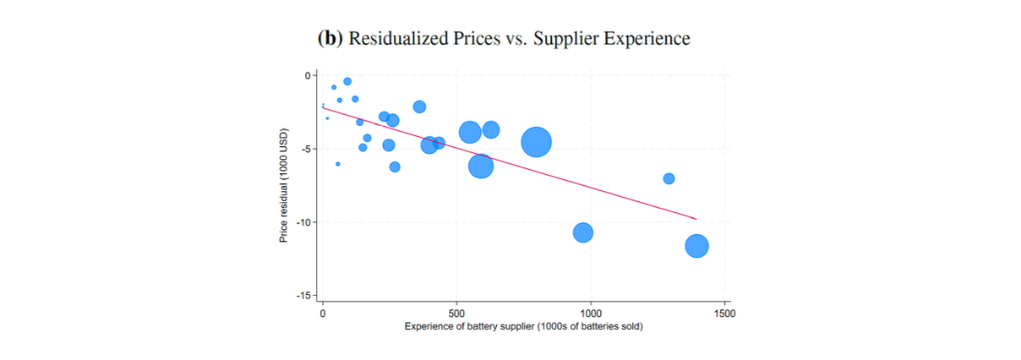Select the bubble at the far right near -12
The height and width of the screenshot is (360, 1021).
(x=696, y=246)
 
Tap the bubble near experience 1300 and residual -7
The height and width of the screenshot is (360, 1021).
(x=669, y=178)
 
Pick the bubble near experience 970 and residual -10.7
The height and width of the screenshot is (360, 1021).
(x=582, y=232)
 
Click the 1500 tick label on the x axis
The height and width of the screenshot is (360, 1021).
(x=724, y=313)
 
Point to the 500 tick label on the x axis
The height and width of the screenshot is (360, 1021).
(x=456, y=313)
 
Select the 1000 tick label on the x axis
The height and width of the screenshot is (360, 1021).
(x=590, y=313)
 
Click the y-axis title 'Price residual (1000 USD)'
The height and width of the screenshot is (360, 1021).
(x=285, y=186)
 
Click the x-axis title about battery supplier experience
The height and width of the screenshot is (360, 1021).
(x=523, y=326)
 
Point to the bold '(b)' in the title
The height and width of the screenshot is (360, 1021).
(x=330, y=39)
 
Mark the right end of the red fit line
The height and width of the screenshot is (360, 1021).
(x=696, y=219)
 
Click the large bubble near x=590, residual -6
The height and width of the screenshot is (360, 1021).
(x=481, y=166)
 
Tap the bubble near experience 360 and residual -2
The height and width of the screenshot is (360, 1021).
(x=419, y=106)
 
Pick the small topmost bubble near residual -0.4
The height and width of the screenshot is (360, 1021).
(x=347, y=81)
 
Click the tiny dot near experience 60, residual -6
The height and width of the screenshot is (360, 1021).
(x=338, y=164)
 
